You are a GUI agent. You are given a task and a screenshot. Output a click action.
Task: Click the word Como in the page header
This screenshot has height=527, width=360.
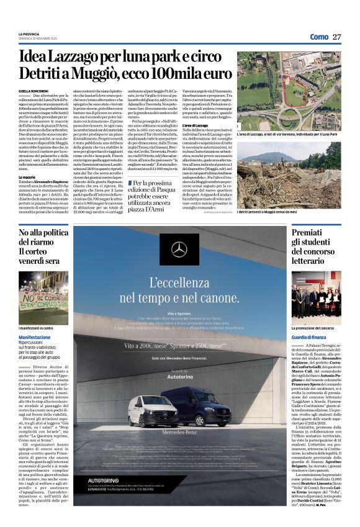click(x=318, y=37)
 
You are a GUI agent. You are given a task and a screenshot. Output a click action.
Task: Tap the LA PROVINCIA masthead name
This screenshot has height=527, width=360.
click(x=29, y=34)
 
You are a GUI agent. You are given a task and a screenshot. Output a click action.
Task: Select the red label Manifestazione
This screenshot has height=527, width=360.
click(x=35, y=336)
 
